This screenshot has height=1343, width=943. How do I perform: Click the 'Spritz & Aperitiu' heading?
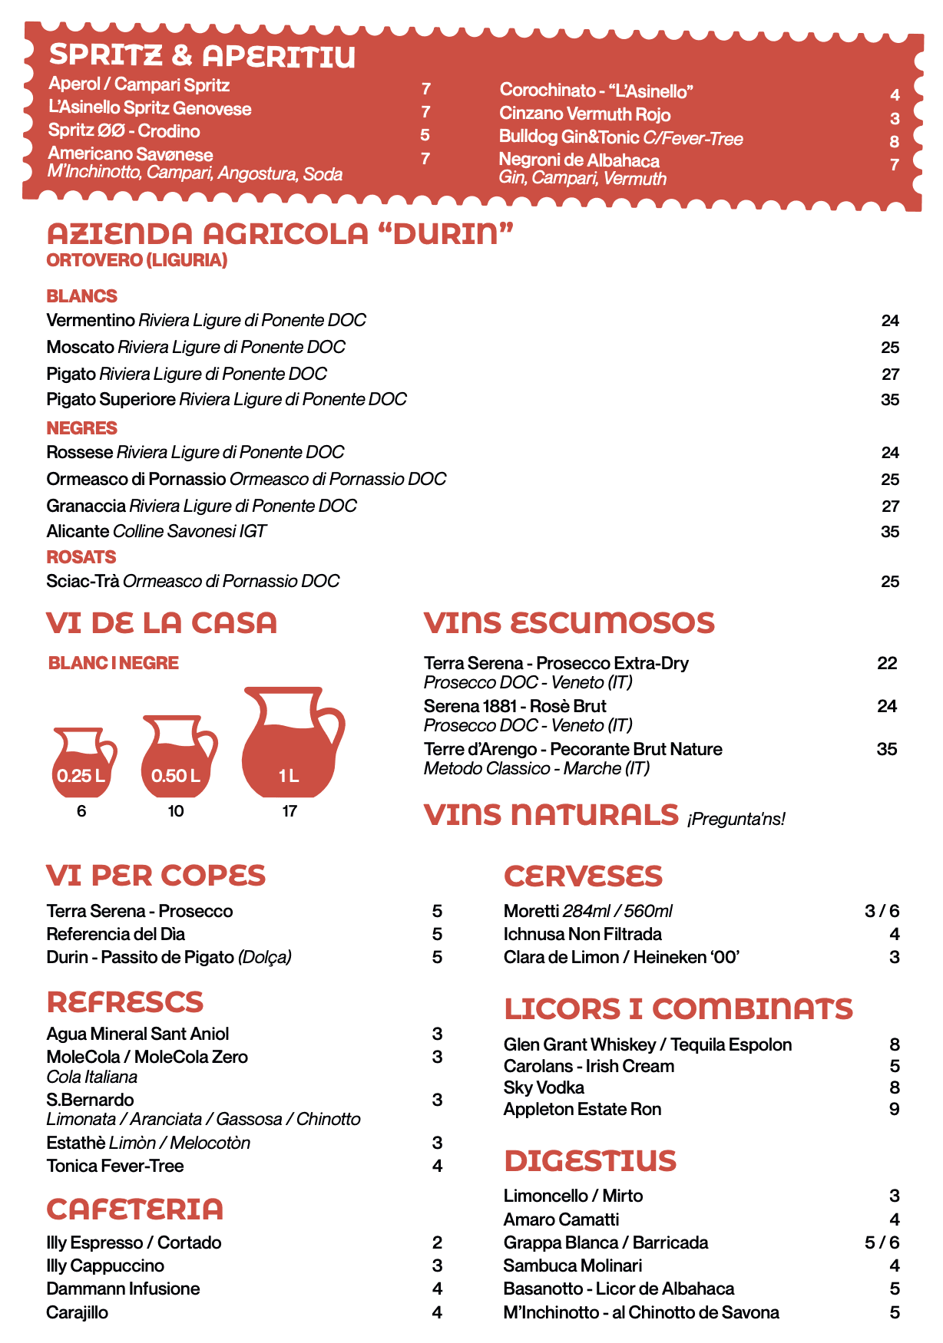point(202,56)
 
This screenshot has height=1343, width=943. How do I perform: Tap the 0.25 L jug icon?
point(81,764)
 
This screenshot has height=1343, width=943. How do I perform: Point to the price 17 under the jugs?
point(290,811)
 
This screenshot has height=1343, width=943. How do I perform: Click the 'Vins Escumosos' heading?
point(569,622)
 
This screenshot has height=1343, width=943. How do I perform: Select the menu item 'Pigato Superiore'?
point(111,399)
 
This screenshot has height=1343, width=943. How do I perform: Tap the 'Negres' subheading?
point(81,428)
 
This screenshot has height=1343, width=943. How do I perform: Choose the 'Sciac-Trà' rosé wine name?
point(83,581)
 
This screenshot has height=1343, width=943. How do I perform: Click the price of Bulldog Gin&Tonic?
point(894,141)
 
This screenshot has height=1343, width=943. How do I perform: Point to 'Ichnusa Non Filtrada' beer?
point(582,934)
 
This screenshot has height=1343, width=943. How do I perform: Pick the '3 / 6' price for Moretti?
point(882,911)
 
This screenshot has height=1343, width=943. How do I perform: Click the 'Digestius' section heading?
point(590,1160)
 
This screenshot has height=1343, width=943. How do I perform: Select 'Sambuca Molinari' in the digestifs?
point(572,1265)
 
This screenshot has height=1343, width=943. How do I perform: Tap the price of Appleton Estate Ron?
point(894,1109)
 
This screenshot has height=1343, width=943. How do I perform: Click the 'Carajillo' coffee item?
point(77,1312)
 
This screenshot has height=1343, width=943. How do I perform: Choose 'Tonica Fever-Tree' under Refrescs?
point(114,1166)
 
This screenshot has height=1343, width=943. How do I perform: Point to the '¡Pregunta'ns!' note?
point(736,819)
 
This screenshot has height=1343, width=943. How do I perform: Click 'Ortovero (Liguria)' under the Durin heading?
point(137,260)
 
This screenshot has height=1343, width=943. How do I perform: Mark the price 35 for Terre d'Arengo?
point(886,749)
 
